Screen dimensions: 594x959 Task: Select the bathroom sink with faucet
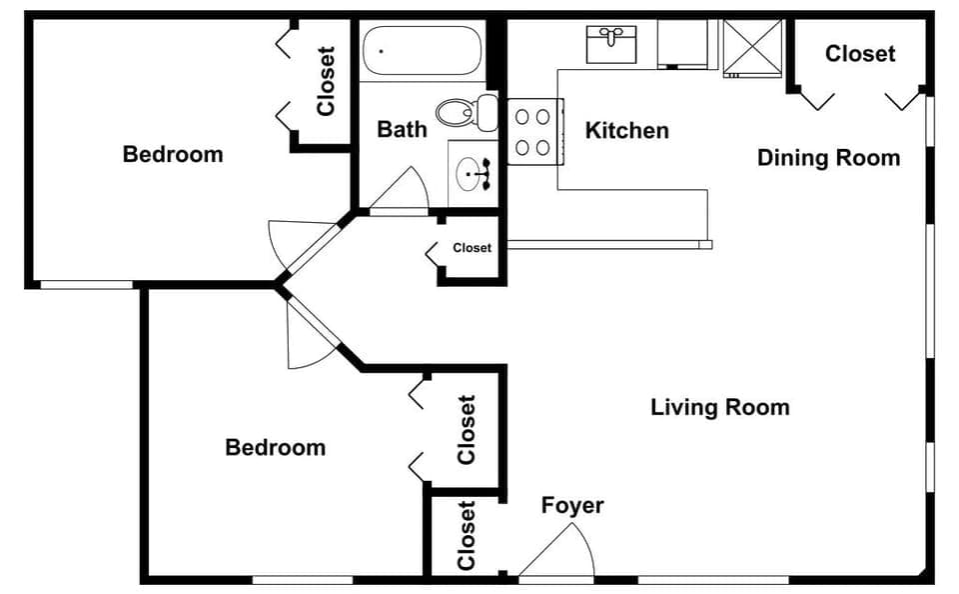(472, 174)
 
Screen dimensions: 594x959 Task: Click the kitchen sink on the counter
(610, 43)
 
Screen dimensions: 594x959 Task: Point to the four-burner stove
(531, 131)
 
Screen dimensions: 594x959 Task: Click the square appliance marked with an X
(754, 46)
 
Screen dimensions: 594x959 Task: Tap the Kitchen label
(626, 130)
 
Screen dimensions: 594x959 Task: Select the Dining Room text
(828, 157)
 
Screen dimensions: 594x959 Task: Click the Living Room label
(719, 407)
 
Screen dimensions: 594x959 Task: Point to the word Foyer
(572, 505)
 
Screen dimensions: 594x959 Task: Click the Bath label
(402, 129)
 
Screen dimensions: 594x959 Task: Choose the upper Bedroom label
(173, 154)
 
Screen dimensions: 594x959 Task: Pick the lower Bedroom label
(275, 447)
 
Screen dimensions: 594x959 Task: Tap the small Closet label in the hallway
(472, 248)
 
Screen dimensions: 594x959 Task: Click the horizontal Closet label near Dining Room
(860, 54)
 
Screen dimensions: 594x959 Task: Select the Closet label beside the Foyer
(466, 535)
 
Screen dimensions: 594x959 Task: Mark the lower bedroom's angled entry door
(310, 335)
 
